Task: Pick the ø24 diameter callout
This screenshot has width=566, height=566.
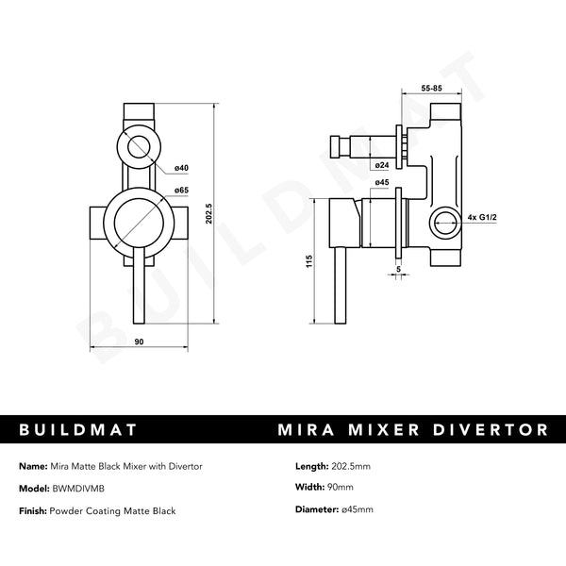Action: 382,166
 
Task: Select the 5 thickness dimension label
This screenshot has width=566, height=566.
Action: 398,268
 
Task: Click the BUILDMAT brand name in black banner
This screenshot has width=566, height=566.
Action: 78,430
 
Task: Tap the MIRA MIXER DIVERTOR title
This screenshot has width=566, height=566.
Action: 414,430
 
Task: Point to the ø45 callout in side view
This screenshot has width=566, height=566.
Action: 382,182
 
